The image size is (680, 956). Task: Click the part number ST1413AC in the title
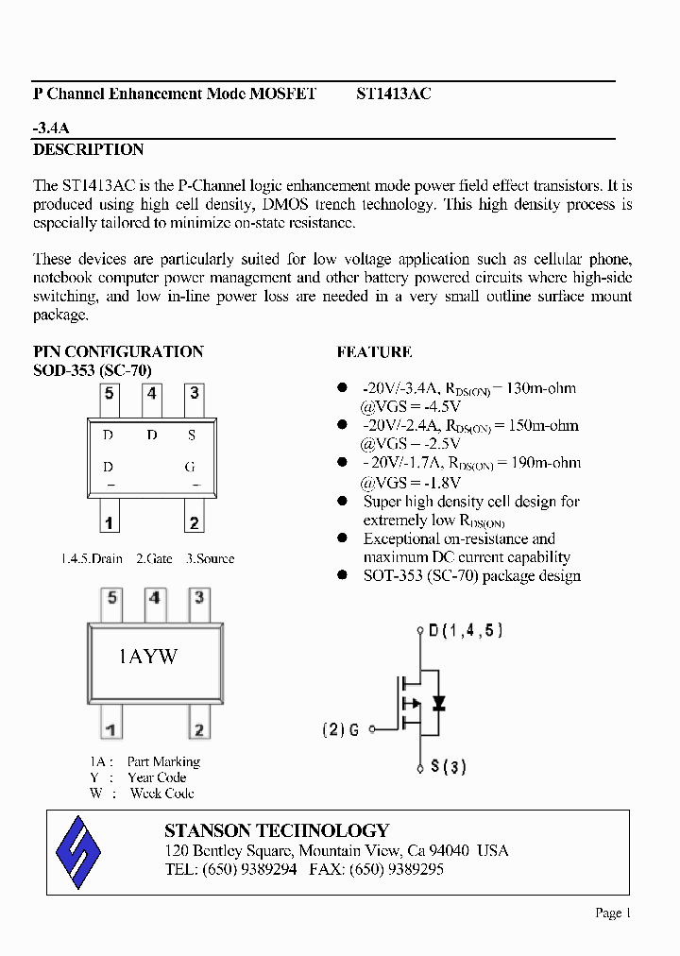click(x=394, y=94)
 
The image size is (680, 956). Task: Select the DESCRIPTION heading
click(x=89, y=150)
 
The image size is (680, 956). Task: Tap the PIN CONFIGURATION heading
click(x=118, y=351)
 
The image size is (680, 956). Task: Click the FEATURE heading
click(x=374, y=352)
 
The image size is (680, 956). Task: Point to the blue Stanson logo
click(x=78, y=849)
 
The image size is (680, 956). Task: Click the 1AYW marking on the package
click(x=147, y=657)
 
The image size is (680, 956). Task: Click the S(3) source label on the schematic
click(x=449, y=767)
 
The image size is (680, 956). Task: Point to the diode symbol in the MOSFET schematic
click(x=437, y=704)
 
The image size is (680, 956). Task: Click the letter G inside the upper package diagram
click(x=192, y=467)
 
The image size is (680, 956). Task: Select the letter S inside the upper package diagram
click(x=192, y=435)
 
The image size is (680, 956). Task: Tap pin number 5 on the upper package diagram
click(x=110, y=393)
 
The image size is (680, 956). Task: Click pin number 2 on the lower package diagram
click(x=198, y=729)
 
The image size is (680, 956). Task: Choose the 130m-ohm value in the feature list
click(x=541, y=388)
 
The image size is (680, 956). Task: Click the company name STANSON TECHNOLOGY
click(x=277, y=830)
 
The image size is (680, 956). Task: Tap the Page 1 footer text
click(x=612, y=913)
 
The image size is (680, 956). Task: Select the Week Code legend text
click(x=161, y=794)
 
